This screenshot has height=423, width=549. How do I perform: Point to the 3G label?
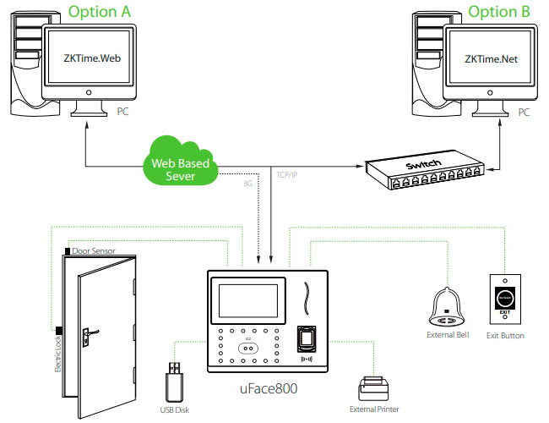click(247, 183)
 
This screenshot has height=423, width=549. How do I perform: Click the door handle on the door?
click(86, 337)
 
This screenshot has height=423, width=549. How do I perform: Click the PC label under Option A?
click(122, 111)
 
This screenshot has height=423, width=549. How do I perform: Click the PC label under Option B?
click(525, 111)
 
